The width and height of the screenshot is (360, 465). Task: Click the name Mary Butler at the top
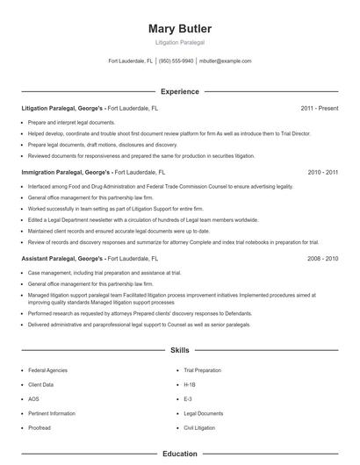tap(179, 29)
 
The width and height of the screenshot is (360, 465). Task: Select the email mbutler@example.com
tap(225, 61)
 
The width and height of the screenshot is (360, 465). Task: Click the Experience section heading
tap(179, 91)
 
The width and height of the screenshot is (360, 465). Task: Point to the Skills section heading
tap(179, 349)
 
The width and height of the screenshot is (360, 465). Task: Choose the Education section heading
tap(179, 454)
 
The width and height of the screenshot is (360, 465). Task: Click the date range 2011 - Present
tap(319, 109)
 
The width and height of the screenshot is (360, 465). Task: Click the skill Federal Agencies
tap(47, 371)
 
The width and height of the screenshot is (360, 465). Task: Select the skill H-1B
tap(190, 385)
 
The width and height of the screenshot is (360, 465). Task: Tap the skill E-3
tap(188, 399)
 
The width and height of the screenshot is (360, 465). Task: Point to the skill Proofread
tap(40, 427)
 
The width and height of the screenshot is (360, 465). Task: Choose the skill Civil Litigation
tap(199, 427)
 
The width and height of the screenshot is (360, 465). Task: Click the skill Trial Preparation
tap(203, 371)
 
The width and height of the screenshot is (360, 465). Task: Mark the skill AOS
tap(34, 399)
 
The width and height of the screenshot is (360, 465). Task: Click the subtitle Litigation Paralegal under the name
tap(179, 42)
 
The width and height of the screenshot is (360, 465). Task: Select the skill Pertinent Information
tap(52, 413)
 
